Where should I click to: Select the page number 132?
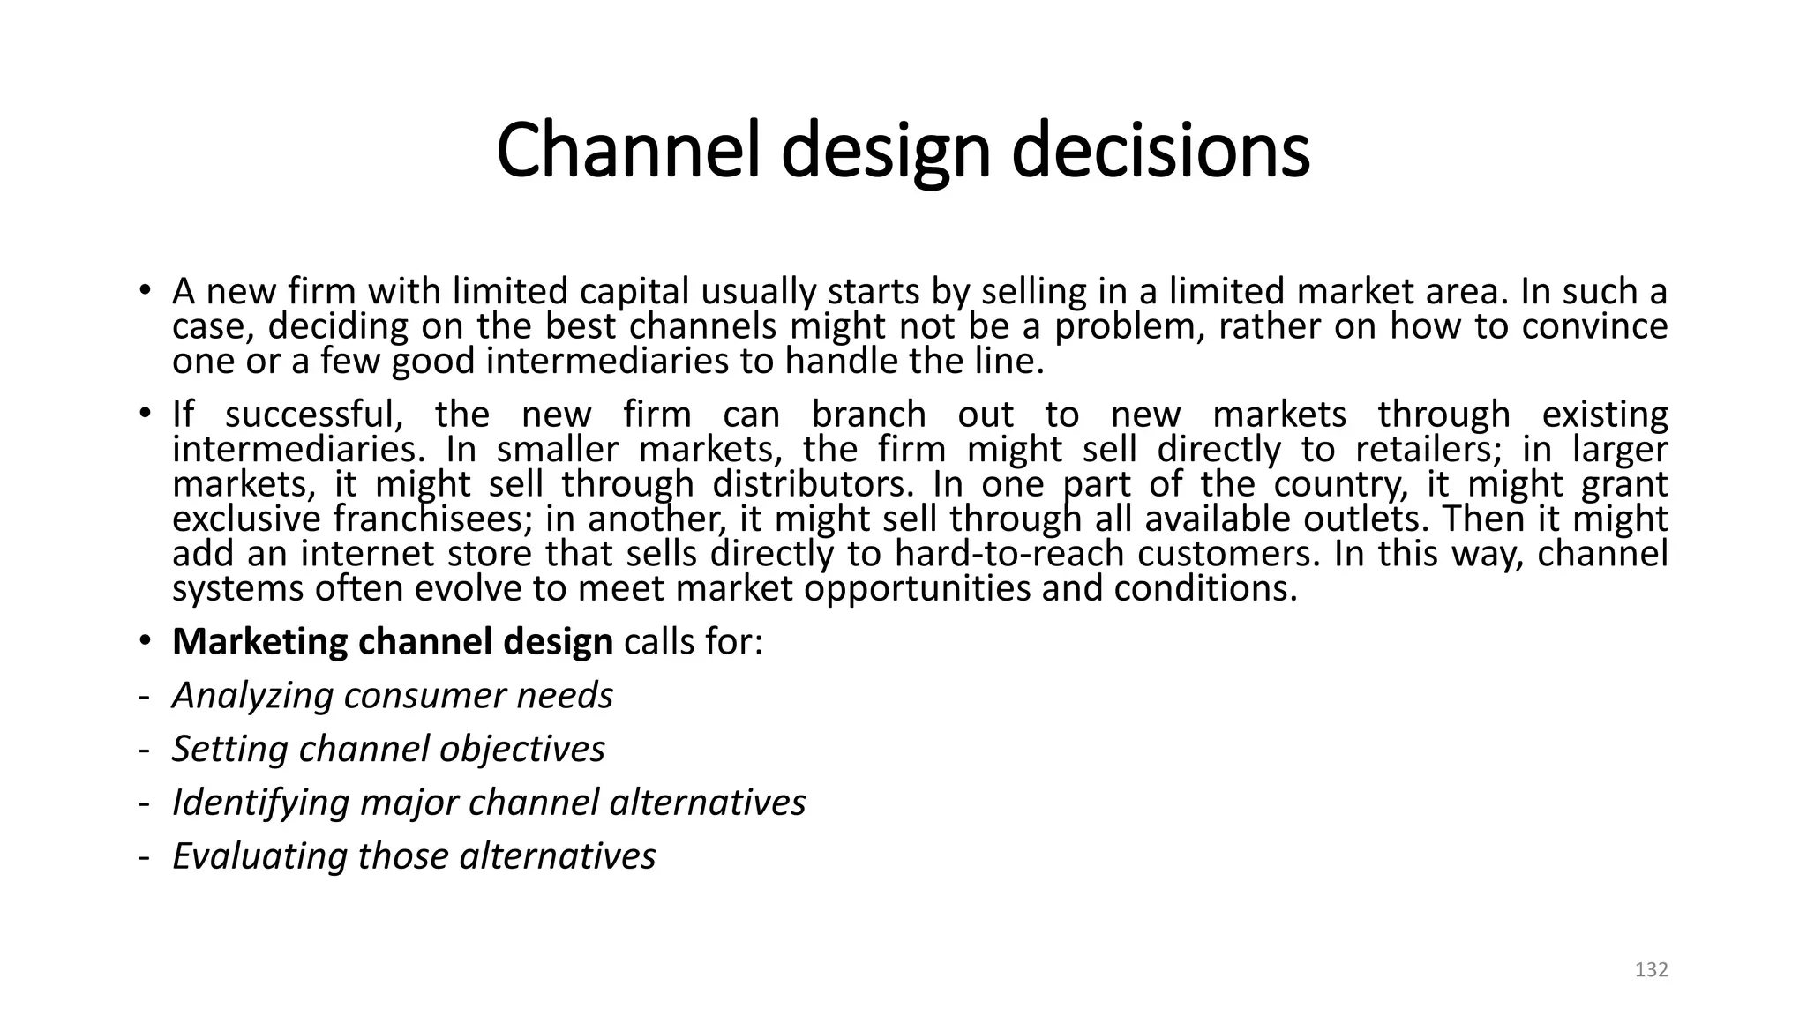[x=1651, y=970]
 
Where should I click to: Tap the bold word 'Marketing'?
[x=259, y=642]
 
